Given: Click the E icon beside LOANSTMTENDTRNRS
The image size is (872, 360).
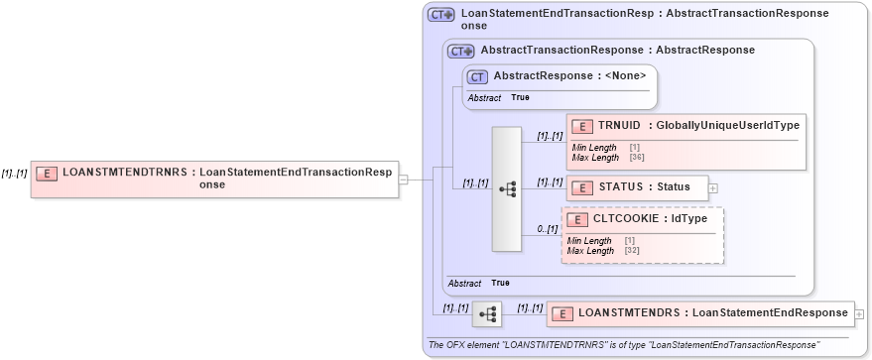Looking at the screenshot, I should (47, 173).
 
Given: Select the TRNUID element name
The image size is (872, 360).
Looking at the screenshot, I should (619, 125).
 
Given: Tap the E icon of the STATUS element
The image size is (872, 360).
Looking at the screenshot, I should (582, 187).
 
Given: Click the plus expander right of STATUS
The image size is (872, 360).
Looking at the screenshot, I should (713, 187).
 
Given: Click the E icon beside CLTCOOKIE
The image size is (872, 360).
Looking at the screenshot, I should (577, 218).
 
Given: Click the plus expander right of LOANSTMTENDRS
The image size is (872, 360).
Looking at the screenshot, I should (859, 313).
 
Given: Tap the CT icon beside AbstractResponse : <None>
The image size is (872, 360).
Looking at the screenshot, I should (477, 75).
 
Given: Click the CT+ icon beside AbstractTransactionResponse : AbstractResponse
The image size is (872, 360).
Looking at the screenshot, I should (460, 51).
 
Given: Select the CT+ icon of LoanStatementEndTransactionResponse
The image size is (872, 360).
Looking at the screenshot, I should (440, 15).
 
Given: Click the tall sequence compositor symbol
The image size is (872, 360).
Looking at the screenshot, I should (506, 188).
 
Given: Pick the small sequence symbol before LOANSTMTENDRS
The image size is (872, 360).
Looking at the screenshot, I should (487, 313).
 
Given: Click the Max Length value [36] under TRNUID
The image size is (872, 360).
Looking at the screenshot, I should (634, 158).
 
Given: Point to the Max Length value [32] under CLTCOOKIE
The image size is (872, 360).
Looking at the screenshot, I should (631, 251).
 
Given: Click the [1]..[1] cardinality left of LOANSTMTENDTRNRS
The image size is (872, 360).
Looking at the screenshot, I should (14, 173).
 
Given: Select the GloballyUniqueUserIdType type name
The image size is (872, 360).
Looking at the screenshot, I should (727, 125).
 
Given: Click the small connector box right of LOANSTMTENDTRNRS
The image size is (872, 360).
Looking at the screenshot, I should (403, 180).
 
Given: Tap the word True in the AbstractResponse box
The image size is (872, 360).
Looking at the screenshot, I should (520, 98).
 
